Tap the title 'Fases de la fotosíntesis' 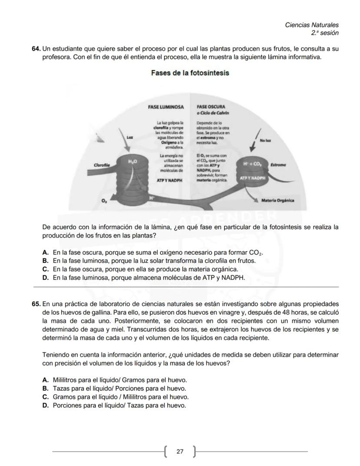point(190,73)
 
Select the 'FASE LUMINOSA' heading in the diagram point(166,106)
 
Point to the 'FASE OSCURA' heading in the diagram point(211,106)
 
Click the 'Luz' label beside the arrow point(129,137)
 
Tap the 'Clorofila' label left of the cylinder point(101,165)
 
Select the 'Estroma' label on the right point(278,165)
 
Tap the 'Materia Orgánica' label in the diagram point(278,201)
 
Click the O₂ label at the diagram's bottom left point(103,201)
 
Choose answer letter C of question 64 point(45,269)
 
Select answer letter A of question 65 point(45,380)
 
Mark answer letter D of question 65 point(45,406)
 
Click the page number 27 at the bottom point(180,452)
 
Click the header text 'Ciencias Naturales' point(311,25)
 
